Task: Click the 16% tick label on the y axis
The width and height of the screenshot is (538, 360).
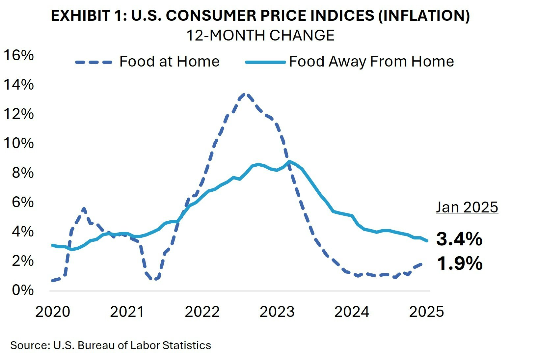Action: click(18, 55)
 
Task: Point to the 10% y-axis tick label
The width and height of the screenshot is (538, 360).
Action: click(18, 143)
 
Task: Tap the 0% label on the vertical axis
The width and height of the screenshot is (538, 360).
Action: click(23, 290)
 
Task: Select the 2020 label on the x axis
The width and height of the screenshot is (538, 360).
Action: click(53, 312)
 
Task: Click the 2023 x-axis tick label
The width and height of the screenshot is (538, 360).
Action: click(277, 312)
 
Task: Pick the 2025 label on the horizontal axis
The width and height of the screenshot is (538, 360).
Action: click(426, 312)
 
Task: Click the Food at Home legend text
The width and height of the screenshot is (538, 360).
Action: click(169, 62)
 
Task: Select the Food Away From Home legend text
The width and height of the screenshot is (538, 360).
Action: click(371, 62)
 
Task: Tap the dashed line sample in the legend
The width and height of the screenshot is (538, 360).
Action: click(94, 62)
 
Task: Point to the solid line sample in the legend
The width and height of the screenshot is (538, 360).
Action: click(265, 62)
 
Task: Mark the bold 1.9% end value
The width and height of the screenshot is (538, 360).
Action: click(459, 263)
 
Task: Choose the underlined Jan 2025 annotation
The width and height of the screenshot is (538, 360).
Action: click(467, 207)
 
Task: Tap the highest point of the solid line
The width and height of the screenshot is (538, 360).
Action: click(289, 161)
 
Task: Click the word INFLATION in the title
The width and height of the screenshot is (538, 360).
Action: click(424, 15)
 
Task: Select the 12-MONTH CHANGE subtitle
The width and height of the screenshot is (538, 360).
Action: click(260, 35)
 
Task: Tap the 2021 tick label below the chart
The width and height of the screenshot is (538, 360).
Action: click(127, 312)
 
